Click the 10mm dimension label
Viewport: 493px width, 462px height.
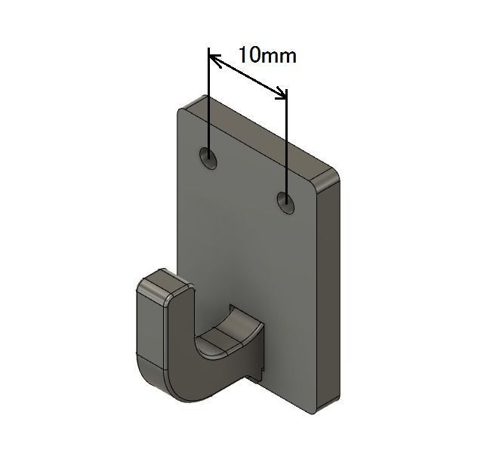267,55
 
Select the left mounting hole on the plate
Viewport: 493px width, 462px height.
208,158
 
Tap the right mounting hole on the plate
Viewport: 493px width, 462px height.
286,202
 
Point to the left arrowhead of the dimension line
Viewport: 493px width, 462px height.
214,57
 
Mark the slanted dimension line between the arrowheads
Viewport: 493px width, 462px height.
248,75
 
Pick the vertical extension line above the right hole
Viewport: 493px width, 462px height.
286,143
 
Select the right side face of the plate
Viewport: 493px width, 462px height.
328,294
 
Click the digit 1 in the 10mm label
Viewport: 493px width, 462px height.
242,55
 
